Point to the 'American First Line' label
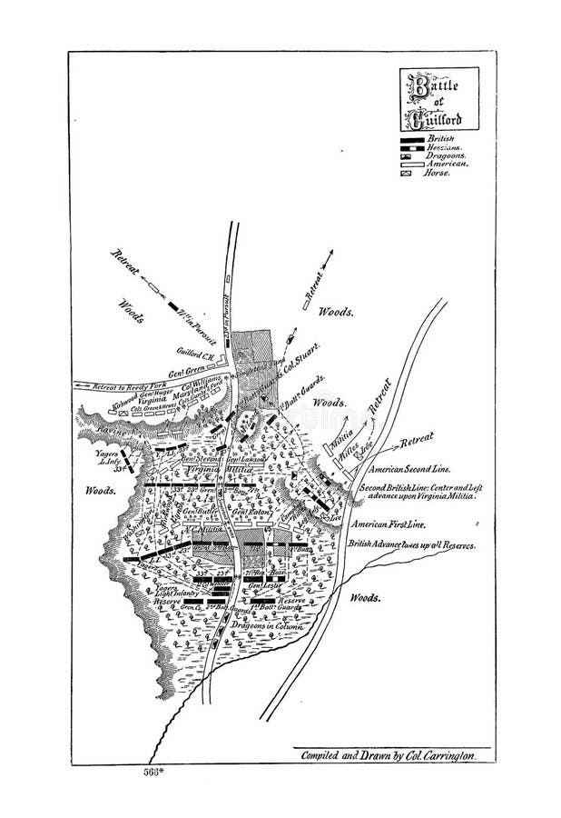click(390, 524)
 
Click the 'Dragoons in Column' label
click(262, 627)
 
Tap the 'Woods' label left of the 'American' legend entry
click(337, 311)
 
